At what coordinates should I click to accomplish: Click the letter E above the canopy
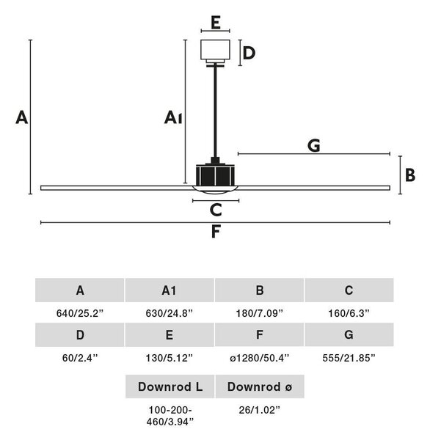[x=216, y=22]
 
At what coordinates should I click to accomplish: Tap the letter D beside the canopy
[x=249, y=53]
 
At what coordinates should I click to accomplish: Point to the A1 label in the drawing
[x=173, y=117]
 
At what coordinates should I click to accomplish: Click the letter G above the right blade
[x=313, y=145]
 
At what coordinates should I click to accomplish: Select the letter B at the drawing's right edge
[x=410, y=175]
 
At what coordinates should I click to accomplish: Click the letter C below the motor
[x=216, y=210]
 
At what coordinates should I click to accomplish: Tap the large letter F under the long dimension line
[x=216, y=232]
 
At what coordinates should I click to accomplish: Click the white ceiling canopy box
[x=216, y=50]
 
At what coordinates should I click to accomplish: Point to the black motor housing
[x=215, y=175]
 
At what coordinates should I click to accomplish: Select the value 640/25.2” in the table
[x=80, y=313]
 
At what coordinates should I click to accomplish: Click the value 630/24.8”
[x=170, y=313]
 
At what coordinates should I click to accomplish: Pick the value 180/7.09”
[x=259, y=313]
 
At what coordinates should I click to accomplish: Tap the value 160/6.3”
[x=349, y=313]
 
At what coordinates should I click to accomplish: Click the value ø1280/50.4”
[x=259, y=358]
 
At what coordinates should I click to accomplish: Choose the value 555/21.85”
[x=349, y=358]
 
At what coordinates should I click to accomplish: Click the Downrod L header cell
[x=170, y=386]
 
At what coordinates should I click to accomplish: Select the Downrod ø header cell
[x=260, y=386]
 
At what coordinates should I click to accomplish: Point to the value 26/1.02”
[x=260, y=410]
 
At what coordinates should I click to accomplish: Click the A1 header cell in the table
[x=170, y=290]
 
